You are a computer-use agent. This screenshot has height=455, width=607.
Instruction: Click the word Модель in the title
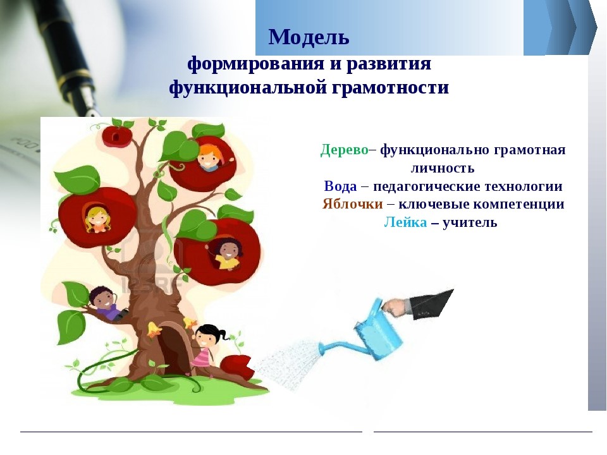pos(309,37)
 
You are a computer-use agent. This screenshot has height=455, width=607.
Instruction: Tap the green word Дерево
pos(344,150)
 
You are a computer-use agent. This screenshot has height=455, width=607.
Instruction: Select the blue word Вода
pos(340,186)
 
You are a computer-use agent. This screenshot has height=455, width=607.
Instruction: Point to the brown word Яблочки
pos(352,204)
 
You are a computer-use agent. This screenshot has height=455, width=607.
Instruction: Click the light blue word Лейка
pos(405,222)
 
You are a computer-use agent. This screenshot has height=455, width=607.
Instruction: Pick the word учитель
pos(470,222)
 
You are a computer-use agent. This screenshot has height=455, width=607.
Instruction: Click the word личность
pos(442,168)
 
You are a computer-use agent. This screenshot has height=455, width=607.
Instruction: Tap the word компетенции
pos(518,204)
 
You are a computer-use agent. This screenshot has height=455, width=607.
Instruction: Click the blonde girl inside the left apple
pos(96,219)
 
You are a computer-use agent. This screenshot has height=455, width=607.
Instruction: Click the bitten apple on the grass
pos(237,367)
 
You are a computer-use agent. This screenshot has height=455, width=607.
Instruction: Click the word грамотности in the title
pos(390,87)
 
